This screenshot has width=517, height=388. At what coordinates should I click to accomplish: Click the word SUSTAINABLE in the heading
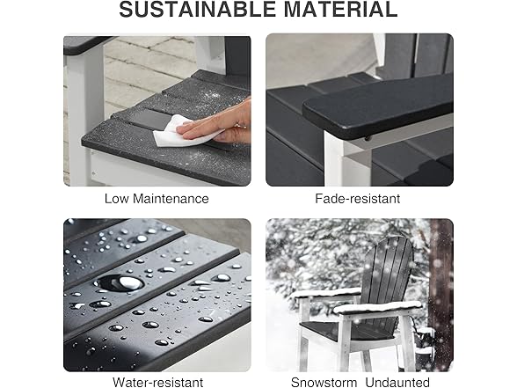(x=197, y=9)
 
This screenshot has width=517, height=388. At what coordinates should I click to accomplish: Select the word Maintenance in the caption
(x=171, y=199)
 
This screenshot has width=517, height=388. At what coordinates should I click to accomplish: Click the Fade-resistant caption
(x=358, y=199)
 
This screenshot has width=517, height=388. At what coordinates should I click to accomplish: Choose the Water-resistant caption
(x=158, y=382)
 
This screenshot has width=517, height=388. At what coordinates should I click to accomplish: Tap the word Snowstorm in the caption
(x=324, y=382)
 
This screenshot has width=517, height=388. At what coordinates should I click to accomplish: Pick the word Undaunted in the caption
(x=397, y=382)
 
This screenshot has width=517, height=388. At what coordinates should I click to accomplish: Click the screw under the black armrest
(x=367, y=138)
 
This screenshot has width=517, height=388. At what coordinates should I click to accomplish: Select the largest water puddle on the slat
(x=120, y=282)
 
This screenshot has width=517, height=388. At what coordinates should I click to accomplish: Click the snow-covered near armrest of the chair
(x=377, y=308)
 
